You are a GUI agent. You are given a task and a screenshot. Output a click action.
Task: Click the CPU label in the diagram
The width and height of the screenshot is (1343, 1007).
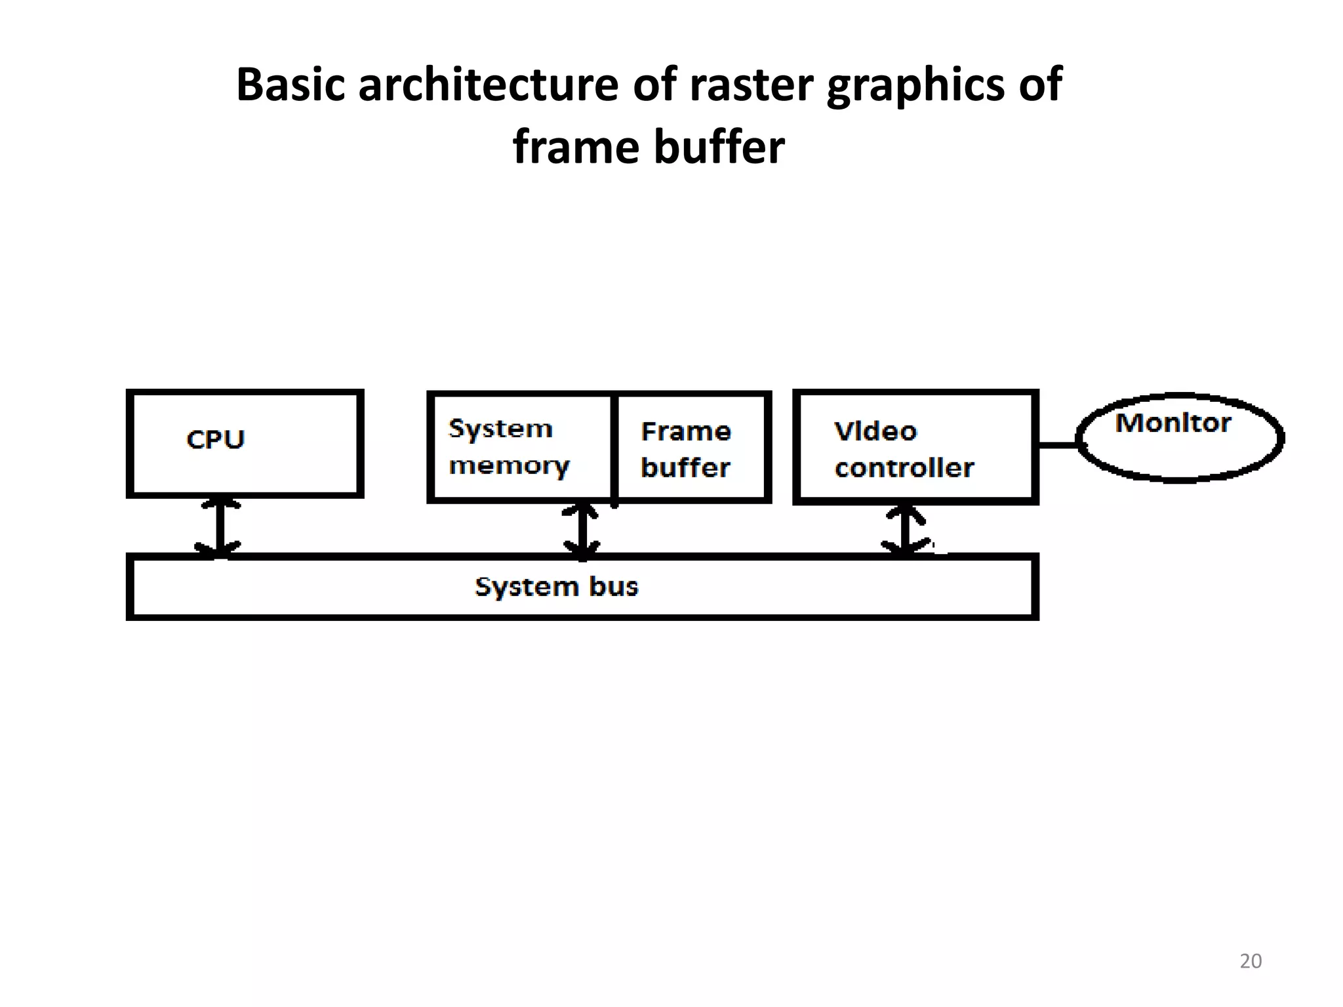point(215,439)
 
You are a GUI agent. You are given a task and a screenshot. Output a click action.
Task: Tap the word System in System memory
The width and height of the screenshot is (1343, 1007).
point(500,429)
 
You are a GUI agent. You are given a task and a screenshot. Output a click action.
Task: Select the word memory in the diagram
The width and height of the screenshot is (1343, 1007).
point(509,466)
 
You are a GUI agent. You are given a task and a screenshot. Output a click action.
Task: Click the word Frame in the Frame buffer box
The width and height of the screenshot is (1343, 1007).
point(686,431)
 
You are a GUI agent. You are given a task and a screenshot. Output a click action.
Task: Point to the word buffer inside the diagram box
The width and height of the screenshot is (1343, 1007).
point(685,468)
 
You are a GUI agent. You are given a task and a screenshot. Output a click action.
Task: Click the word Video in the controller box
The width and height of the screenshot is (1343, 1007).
point(875,431)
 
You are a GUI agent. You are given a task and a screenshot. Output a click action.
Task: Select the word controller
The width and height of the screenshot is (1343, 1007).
point(904,468)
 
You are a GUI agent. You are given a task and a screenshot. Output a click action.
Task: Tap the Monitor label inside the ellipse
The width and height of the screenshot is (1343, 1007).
point(1173,423)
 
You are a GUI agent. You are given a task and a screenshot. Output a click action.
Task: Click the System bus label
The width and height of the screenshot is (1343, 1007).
point(556,587)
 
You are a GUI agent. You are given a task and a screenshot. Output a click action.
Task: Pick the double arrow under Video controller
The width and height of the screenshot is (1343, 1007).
point(905,530)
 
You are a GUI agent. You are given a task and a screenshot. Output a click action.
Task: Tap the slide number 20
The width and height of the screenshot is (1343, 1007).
point(1251,961)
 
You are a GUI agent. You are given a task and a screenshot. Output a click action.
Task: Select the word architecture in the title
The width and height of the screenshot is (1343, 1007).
point(488,85)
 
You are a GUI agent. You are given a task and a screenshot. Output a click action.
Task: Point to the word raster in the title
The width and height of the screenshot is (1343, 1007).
point(752,85)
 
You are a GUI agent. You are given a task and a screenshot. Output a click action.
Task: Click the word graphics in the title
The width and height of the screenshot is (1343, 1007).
point(915,85)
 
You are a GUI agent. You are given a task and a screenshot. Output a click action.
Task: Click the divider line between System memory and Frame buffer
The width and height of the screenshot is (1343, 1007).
point(614,448)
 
